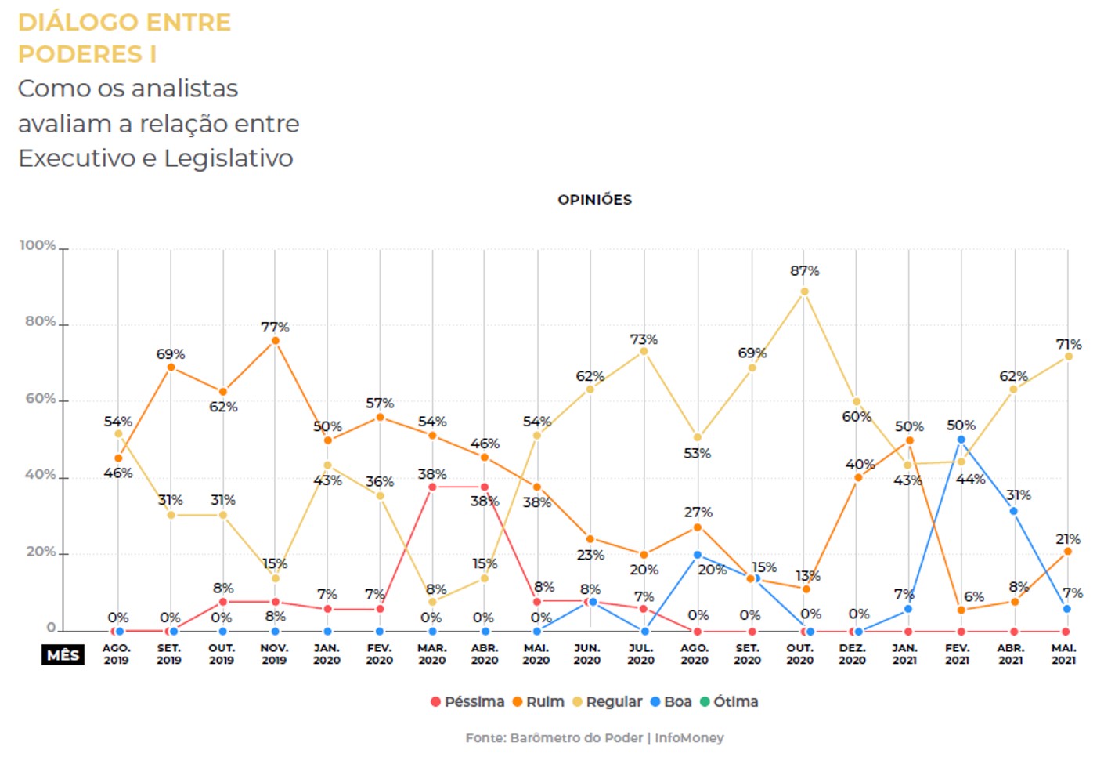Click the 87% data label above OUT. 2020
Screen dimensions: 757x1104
point(804,271)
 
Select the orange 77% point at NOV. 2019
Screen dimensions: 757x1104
point(275,341)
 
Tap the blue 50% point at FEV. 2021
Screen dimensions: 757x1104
point(961,440)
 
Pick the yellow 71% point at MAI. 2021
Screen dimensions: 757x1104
point(1068,357)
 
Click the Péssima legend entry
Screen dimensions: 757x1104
point(467,701)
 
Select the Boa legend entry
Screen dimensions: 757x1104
point(671,701)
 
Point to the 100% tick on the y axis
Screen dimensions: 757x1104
point(38,245)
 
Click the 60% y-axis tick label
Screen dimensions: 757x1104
point(41,398)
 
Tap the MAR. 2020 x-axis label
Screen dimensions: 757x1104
point(431,654)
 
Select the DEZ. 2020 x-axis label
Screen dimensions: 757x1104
point(852,654)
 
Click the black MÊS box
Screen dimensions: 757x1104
point(63,654)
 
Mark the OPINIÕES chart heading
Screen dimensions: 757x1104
point(594,200)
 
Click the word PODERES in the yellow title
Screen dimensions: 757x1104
point(80,54)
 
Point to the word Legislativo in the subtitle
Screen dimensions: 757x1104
point(228,158)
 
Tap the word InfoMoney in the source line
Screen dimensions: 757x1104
point(689,737)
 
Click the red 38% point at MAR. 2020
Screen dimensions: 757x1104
point(432,487)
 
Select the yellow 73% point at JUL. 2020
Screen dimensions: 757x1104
point(644,351)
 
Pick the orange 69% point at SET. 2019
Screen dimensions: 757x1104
point(171,367)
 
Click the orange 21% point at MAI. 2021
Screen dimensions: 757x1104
point(1067,552)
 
